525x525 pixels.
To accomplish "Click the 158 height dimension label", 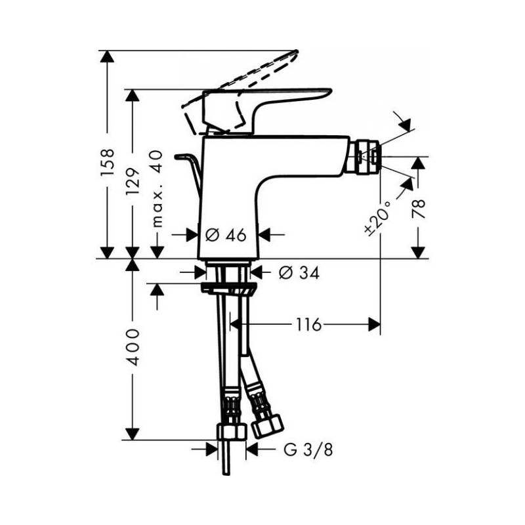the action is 108,162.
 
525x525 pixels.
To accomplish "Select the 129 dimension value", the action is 133,182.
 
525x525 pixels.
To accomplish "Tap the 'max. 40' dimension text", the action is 157,189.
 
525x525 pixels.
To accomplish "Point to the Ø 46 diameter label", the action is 226,235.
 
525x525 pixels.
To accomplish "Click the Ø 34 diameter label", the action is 299,273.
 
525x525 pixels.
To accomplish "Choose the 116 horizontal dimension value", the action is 308,324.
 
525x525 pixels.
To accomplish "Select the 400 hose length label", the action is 133,347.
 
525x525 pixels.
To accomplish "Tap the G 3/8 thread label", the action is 308,450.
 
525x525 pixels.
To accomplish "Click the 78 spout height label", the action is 419,208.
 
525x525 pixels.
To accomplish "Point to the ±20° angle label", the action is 378,219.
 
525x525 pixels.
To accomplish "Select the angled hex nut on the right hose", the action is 267,426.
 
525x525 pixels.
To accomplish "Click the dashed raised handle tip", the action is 295,53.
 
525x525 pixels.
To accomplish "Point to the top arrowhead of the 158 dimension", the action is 107,56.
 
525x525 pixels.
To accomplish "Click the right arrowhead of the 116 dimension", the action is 374,324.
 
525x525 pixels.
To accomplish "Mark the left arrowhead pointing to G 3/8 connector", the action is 211,450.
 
